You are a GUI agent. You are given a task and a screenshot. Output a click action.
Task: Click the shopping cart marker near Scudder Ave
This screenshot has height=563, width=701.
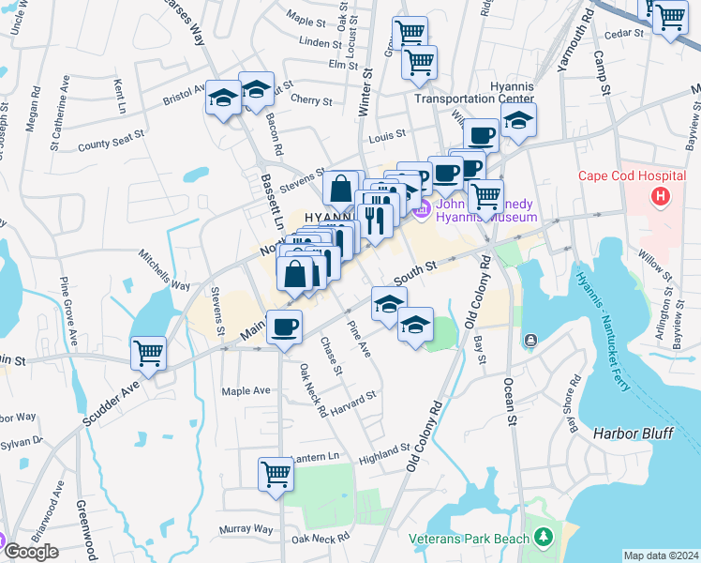(x=148, y=354)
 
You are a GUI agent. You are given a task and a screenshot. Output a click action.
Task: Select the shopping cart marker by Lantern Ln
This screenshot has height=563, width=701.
(x=276, y=474)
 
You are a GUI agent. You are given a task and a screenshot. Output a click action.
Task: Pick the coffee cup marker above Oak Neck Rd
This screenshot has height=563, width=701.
(x=284, y=328)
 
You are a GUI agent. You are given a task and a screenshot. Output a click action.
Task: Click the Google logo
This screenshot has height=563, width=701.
(x=31, y=552)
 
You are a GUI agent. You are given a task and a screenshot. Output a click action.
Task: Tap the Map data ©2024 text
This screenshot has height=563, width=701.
(x=661, y=555)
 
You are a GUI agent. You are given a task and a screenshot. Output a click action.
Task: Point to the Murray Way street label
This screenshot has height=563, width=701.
(x=246, y=529)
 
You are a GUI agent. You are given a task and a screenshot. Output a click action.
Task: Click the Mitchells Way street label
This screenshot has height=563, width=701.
(x=164, y=270)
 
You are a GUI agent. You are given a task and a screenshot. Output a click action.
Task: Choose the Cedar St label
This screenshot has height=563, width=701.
(x=626, y=33)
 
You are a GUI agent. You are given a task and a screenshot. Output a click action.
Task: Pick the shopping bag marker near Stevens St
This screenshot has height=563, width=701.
(x=342, y=188)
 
